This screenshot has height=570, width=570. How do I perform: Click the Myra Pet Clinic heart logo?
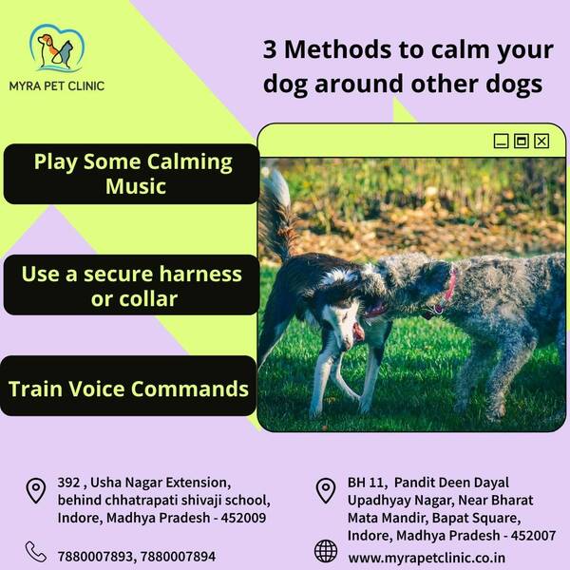coord(57,47)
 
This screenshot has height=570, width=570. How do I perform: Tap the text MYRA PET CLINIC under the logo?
coord(57,86)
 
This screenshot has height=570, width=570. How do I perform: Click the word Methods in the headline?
coord(337,49)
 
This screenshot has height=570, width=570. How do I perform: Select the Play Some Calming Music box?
coord(132,174)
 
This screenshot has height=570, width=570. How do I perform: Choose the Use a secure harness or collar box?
coord(132,285)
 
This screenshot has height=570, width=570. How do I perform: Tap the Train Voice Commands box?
coord(128,386)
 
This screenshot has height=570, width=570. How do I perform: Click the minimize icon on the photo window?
coord(501,141)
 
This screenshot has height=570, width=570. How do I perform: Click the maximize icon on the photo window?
coord(522,141)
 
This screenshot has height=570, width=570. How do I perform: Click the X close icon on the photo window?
coord(541,141)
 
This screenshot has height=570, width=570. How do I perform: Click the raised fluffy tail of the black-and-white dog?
coord(277,215)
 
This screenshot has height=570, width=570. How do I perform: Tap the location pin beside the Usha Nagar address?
coord(36,491)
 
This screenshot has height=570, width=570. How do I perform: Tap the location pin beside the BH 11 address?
coord(326,491)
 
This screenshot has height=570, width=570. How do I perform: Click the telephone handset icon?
coord(36,552)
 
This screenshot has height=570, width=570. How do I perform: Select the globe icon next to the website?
coord(326,551)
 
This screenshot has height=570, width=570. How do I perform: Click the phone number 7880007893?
coord(95,557)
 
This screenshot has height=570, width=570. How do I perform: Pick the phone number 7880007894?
coord(179,557)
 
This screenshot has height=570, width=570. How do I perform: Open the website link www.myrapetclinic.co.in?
coord(427,558)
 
